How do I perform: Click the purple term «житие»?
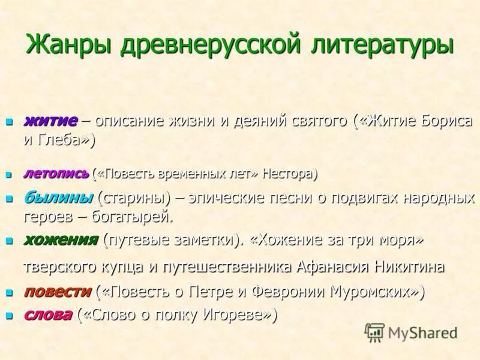coord(50,120)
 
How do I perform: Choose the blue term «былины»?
coord(58,197)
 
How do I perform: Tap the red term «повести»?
coord(58,292)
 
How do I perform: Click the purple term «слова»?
coord(48,315)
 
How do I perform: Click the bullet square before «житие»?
coord(9,122)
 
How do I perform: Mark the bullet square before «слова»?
coord(9,316)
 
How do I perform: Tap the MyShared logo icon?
coord(374,332)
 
